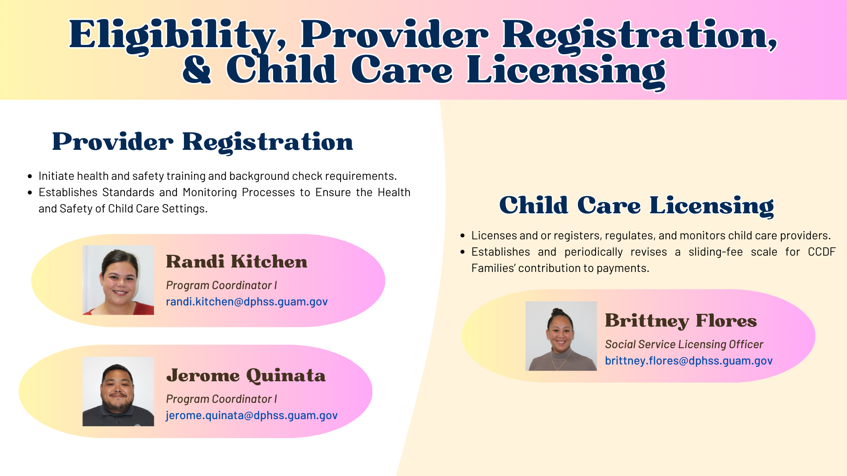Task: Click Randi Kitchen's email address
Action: pos(247,302)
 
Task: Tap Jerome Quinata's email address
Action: pos(251,416)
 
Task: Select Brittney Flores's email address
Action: pos(688,361)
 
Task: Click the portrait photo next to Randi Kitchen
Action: pos(118,280)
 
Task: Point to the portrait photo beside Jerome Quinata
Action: pos(118,391)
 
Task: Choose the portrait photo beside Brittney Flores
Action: pos(561,336)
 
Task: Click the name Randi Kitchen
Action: pos(236,262)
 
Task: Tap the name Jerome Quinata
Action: pos(246,376)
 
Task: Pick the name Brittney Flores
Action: pos(681,321)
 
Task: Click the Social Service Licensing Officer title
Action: pos(684,345)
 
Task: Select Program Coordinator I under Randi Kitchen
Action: pos(221,286)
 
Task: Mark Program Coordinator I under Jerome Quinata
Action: pos(221,399)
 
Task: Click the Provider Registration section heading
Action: pos(202,142)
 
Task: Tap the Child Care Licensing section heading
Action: pos(636,206)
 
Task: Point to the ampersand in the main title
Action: pos(197,71)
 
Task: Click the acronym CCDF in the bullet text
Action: pos(821,252)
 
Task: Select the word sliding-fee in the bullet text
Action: pos(716,252)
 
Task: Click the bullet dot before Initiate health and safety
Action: pos(30,176)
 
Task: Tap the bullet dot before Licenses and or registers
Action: pos(462,236)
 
